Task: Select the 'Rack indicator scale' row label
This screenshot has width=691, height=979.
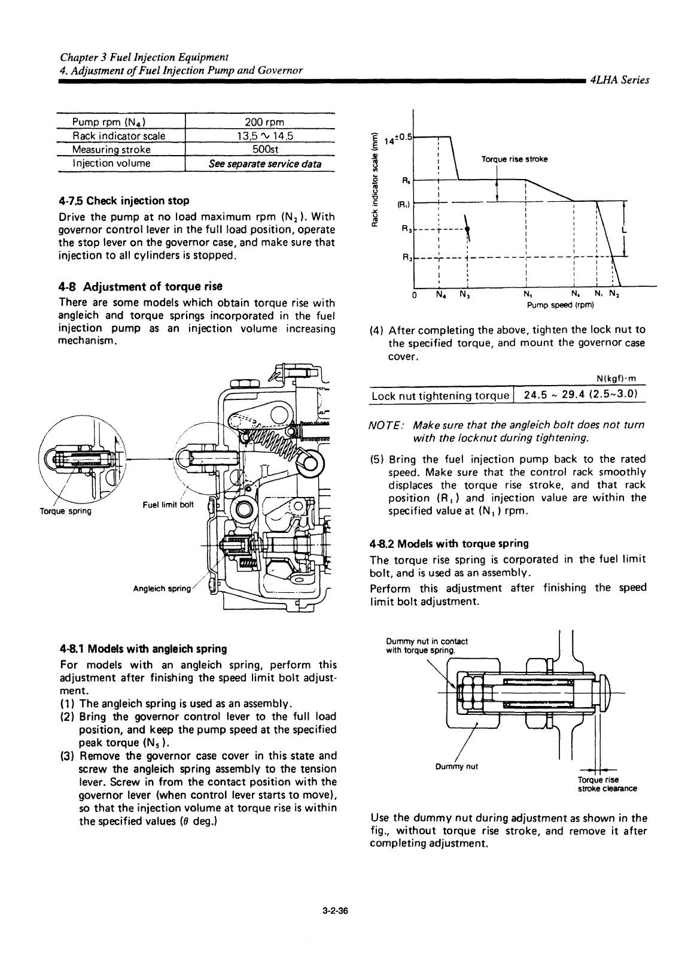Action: (118, 136)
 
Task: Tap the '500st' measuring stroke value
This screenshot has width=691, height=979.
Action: (259, 149)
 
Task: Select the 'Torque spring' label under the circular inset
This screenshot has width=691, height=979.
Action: (65, 511)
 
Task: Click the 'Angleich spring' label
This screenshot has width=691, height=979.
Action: (162, 589)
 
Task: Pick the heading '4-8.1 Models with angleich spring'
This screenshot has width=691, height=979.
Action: (144, 649)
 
